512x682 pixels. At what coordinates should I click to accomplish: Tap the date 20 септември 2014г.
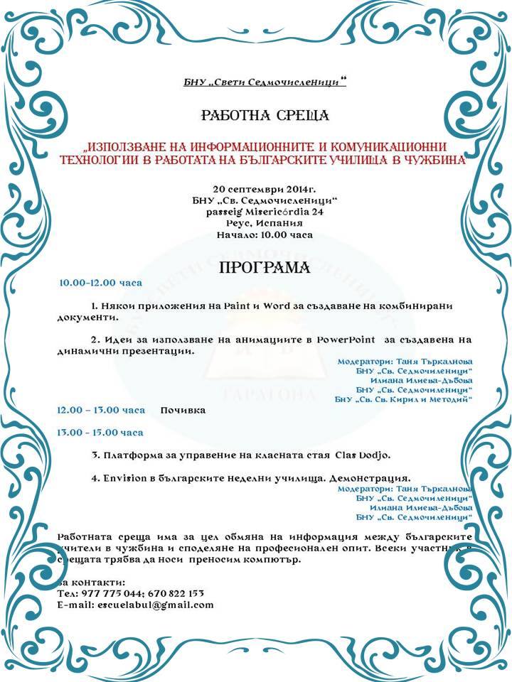[x=264, y=190]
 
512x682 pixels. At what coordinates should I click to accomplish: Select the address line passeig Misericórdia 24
[x=264, y=212]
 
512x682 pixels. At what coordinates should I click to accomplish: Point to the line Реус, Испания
[x=264, y=223]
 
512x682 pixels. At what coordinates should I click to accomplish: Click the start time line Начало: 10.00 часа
[x=264, y=234]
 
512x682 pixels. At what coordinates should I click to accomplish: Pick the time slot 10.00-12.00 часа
[x=100, y=283]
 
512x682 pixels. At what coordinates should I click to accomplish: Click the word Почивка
[x=183, y=411]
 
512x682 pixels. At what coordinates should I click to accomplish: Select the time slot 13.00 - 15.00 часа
[x=100, y=432]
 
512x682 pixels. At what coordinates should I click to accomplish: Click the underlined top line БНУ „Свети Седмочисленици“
[x=265, y=84]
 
